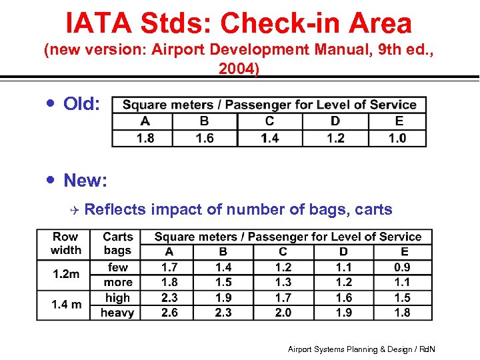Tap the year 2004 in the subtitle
[238, 69]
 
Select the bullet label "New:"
[85, 180]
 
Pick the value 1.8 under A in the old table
[145, 138]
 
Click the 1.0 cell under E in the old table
[397, 138]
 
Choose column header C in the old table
[269, 121]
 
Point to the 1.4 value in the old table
[269, 138]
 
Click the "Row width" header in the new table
[65, 243]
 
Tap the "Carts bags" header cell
[117, 243]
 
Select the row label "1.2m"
[65, 274]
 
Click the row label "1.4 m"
[66, 305]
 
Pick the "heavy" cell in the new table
[117, 313]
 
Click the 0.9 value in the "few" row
[402, 267]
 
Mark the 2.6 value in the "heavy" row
[169, 313]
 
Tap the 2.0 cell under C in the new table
[283, 313]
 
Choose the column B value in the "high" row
[223, 297]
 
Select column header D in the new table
[343, 252]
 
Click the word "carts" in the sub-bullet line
[374, 209]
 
